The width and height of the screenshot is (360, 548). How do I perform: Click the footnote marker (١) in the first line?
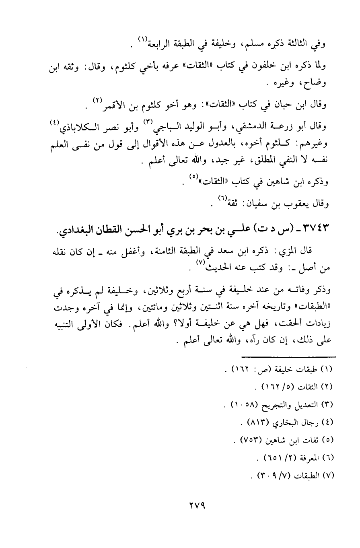[142, 39]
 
